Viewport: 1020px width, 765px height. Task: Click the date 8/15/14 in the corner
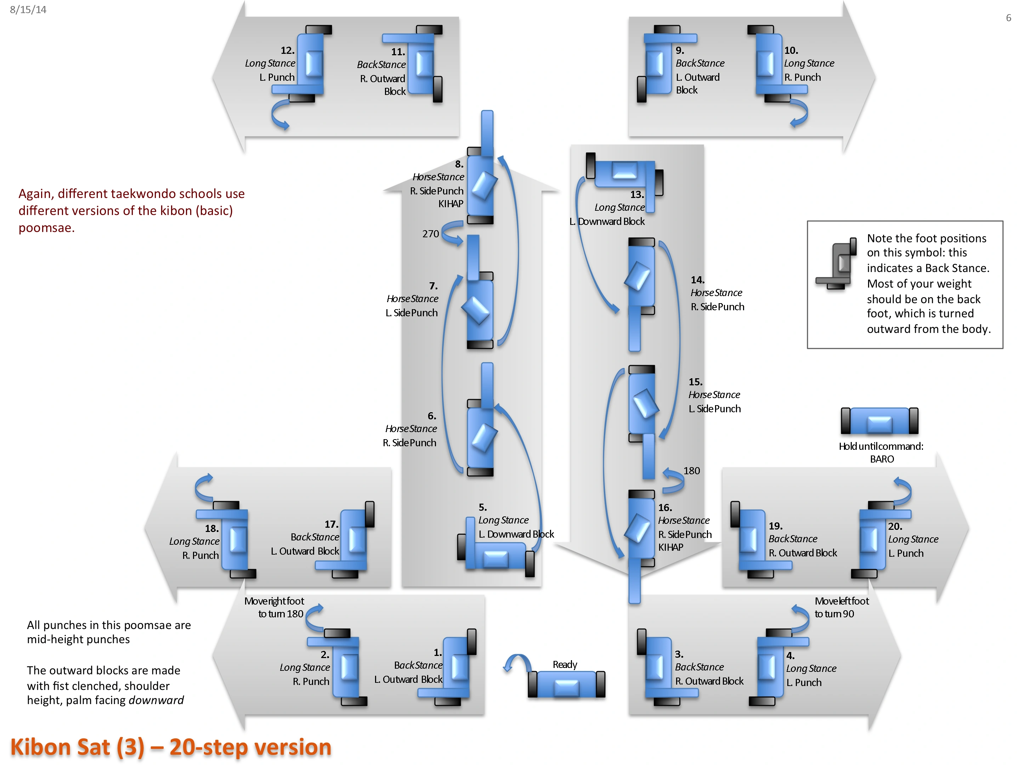click(x=28, y=10)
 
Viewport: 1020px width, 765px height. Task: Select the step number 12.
click(x=287, y=50)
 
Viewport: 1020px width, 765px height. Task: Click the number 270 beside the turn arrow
click(x=431, y=234)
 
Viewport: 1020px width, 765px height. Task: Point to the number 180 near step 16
click(x=692, y=471)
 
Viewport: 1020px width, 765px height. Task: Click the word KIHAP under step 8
click(x=450, y=204)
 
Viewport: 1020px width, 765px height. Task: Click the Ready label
click(x=565, y=664)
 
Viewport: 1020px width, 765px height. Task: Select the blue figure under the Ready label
click(x=566, y=684)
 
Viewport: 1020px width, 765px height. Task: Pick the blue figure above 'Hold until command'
click(x=879, y=420)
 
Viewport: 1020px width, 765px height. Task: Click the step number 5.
click(x=482, y=507)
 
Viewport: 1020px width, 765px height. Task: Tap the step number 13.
click(x=637, y=194)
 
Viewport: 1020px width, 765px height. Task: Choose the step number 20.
click(x=895, y=526)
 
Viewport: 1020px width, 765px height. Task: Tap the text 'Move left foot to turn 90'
click(x=841, y=607)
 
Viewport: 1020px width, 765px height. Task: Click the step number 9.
click(x=680, y=50)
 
